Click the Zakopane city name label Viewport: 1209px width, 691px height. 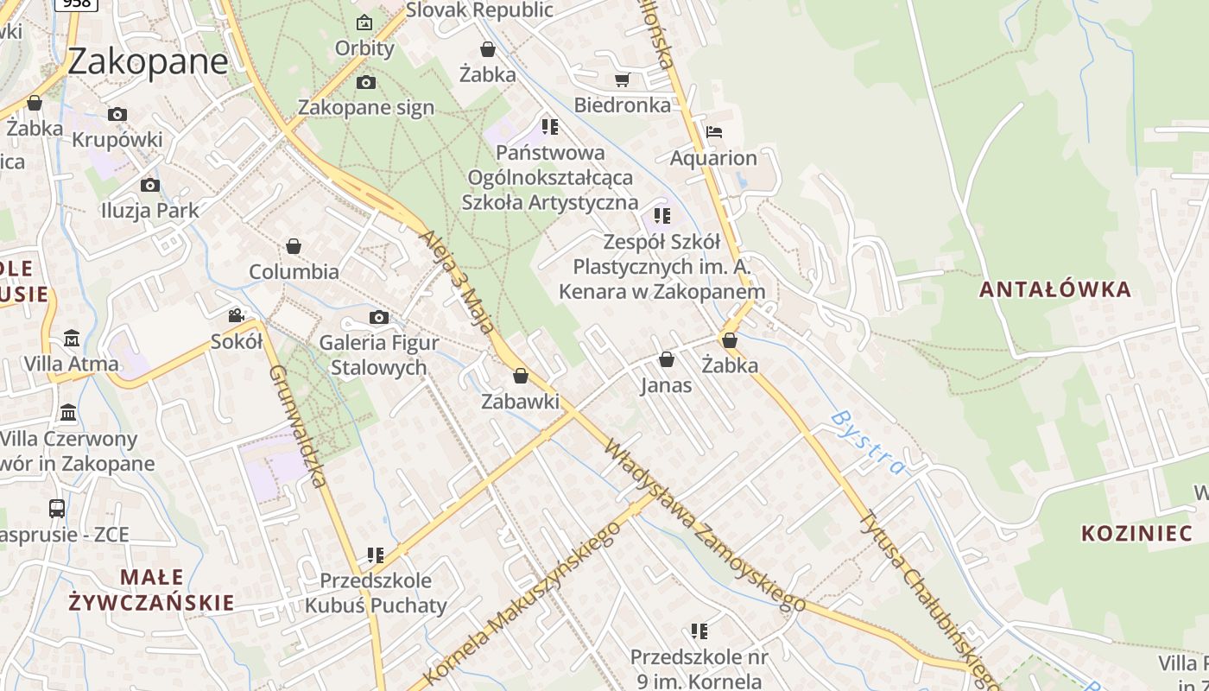148,61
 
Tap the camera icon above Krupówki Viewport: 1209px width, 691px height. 117,114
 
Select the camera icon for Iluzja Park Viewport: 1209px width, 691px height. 150,185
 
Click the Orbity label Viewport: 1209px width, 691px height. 364,48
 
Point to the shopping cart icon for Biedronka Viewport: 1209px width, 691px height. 622,80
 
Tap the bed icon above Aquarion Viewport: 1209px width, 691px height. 713,132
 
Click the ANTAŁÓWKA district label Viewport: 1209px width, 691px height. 1054,289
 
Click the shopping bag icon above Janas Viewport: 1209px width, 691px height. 667,359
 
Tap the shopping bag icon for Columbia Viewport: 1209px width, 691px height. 294,246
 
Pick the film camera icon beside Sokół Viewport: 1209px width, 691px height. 236,316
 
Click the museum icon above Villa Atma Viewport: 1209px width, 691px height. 72,338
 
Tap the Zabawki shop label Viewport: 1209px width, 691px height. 520,401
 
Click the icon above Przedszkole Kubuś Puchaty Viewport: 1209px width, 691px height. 375,555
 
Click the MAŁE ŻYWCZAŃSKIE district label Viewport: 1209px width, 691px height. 153,589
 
